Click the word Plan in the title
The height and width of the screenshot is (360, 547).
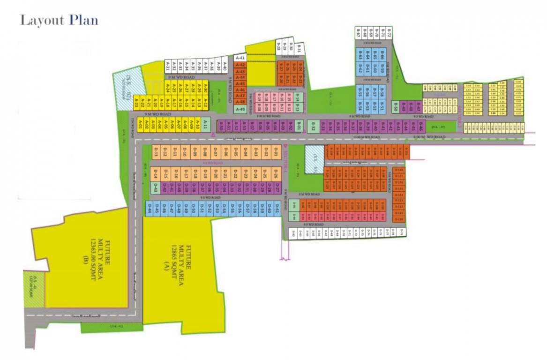[x=83, y=21]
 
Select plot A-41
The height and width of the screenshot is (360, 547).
[x=240, y=58]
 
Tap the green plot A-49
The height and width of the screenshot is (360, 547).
[x=240, y=109]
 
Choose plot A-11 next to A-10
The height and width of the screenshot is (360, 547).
[x=205, y=126]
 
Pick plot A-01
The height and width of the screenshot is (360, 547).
[x=140, y=126]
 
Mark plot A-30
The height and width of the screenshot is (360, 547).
[x=205, y=87]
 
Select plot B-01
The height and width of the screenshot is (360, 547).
[x=298, y=126]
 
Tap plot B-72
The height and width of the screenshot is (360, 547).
[x=389, y=33]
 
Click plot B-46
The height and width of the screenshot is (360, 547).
[x=421, y=127]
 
